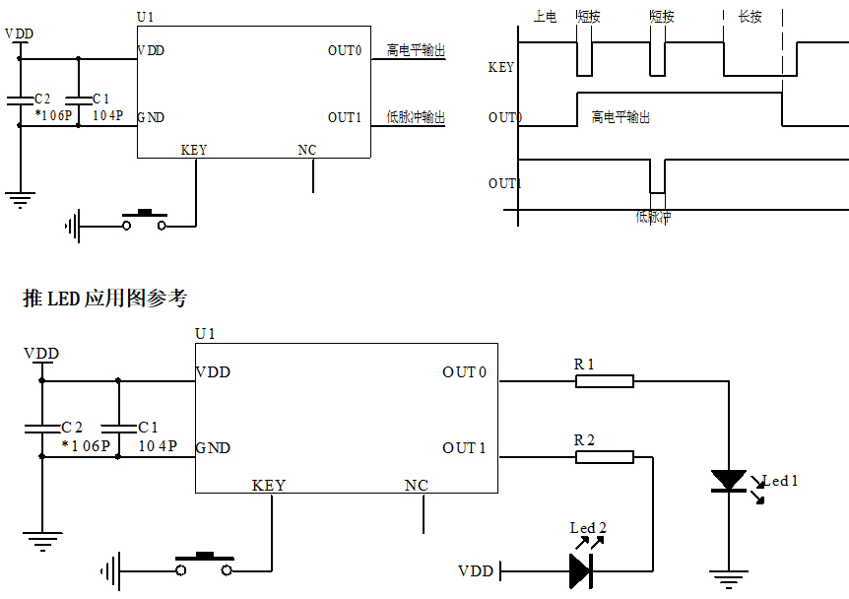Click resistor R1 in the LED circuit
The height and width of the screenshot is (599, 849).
coord(604,381)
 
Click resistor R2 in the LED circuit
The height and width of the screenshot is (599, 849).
coord(604,457)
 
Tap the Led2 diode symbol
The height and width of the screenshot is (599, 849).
coord(580,569)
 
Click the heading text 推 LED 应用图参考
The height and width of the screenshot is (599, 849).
coord(104,298)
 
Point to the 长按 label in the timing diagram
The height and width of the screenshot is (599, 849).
coord(750,17)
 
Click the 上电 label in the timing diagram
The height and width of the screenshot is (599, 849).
coord(545,17)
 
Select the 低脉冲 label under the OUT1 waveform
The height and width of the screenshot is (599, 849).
coord(653,217)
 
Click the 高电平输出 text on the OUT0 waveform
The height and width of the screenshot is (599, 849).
coord(620,117)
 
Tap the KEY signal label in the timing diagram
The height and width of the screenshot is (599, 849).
coord(501,68)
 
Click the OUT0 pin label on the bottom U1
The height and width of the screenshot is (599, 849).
coord(465,372)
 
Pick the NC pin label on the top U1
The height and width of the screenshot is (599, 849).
coord(307,151)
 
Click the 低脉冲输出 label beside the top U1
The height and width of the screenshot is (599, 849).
coord(416,117)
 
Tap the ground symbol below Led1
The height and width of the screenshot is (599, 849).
coord(729,580)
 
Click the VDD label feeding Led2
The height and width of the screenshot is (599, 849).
coord(476,571)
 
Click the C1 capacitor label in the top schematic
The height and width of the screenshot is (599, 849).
coord(100,99)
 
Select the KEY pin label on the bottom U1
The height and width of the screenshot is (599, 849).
coord(269,485)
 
